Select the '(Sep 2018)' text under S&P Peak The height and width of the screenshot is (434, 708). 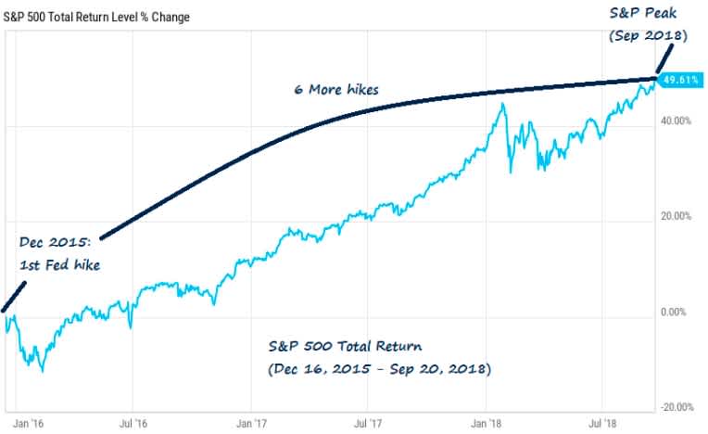pos(649,36)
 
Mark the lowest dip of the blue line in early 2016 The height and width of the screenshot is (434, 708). pos(42,370)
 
